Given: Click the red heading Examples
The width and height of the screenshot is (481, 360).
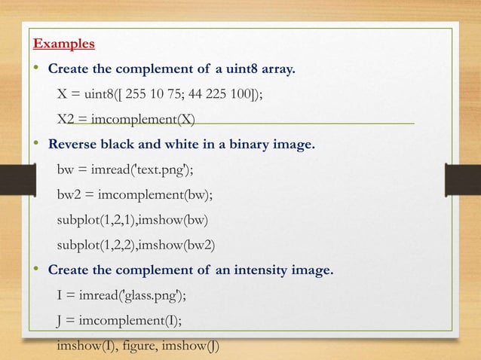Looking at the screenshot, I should [x=64, y=44].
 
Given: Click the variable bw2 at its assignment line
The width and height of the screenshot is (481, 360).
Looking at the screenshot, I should [x=70, y=194].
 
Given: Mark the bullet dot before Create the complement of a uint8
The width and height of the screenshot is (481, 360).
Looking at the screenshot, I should [x=35, y=70].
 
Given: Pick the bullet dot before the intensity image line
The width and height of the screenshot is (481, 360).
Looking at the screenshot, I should [x=35, y=269].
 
